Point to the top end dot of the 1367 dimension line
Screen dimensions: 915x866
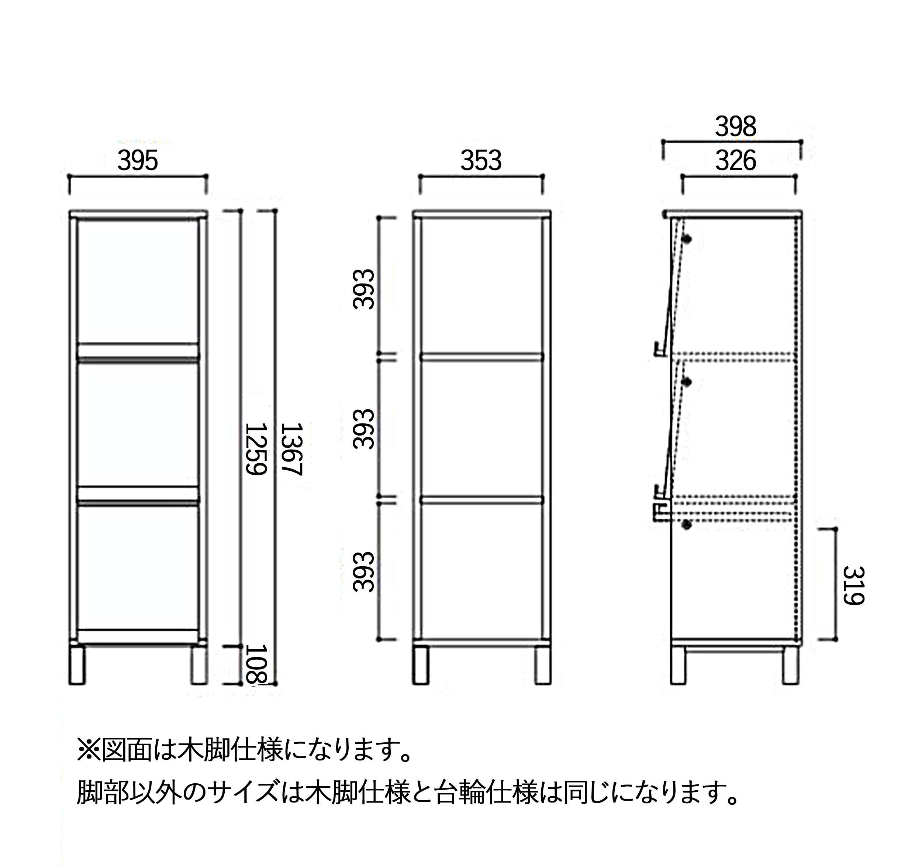[x=275, y=211]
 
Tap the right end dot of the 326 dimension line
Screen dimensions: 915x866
[x=795, y=176]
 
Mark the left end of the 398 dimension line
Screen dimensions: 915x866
[x=663, y=142]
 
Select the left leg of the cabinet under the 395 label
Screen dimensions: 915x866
[x=77, y=665]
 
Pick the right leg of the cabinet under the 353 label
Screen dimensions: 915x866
[x=543, y=665]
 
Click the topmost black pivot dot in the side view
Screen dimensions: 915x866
[x=687, y=239]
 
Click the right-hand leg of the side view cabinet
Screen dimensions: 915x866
[x=791, y=665]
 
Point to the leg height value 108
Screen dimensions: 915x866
[x=256, y=664]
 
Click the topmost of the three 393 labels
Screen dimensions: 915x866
[x=363, y=289]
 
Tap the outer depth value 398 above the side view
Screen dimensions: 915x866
[x=736, y=127]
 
